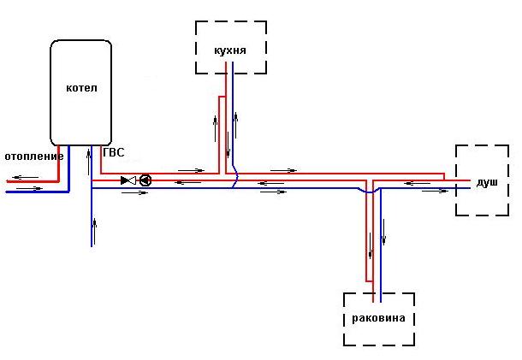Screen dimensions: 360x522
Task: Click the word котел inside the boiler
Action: click(82, 88)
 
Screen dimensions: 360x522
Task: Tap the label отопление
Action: click(33, 156)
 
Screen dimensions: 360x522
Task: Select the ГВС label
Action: click(113, 153)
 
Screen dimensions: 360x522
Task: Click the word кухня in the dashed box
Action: click(230, 50)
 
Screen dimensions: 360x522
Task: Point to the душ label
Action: click(487, 183)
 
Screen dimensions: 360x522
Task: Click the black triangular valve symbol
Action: click(128, 180)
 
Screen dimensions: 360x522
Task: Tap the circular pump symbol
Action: click(145, 180)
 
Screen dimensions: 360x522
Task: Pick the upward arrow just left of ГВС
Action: click(92, 158)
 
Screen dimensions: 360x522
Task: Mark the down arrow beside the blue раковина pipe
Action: click(384, 230)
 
